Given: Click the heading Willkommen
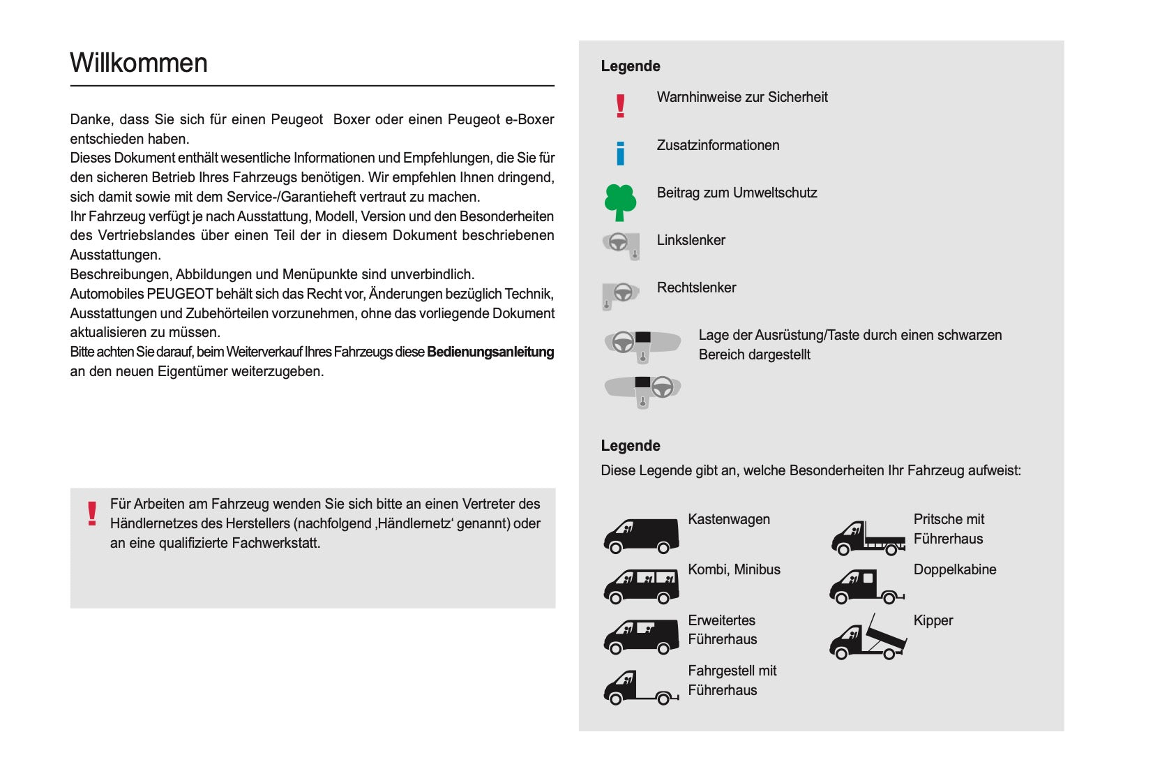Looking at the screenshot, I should (139, 63).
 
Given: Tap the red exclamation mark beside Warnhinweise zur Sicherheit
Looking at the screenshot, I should (620, 106).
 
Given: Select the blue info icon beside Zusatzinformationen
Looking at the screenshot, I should (620, 154).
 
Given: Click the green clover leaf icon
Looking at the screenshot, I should (620, 202).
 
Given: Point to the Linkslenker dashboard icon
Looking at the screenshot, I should (621, 245).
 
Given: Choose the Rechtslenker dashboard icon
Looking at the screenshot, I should (620, 294).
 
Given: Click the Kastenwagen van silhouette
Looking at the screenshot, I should (641, 535).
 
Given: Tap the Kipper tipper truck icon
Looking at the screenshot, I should (868, 638).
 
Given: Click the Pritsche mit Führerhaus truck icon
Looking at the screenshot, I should (868, 538).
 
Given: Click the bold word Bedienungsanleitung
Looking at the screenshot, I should (490, 352).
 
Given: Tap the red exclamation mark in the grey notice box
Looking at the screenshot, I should (92, 514).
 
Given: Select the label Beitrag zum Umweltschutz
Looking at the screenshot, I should (737, 193).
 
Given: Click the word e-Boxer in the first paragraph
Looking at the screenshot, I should (529, 119).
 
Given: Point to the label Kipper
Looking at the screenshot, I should (933, 620).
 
